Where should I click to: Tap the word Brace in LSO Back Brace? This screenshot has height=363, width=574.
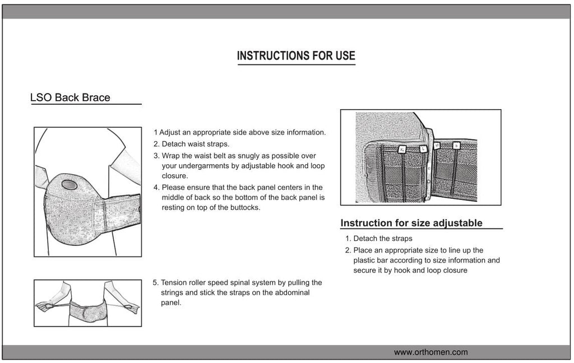coord(96,98)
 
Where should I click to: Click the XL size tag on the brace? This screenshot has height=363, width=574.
coord(402,149)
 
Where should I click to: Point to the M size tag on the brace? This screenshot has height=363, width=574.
coord(437,146)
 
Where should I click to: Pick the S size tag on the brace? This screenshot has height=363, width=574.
coord(456,146)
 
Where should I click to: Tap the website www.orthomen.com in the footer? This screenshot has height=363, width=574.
coord(430,352)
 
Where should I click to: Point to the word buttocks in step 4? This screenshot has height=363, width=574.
coord(245,208)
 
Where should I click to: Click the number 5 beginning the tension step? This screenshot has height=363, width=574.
coord(155,283)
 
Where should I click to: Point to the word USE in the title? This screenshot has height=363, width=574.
coord(343,56)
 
